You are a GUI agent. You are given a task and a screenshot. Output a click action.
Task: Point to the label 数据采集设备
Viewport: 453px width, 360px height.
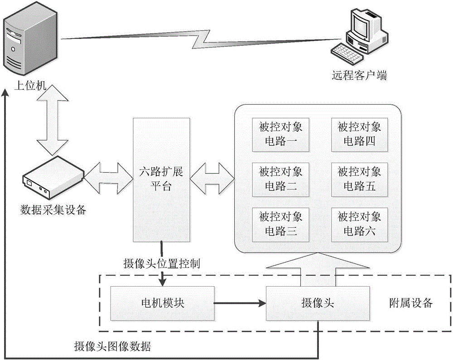53,210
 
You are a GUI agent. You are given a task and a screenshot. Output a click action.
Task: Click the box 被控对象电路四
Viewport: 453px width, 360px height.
359,134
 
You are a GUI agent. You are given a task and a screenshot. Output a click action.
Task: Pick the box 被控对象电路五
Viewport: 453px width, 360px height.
359,179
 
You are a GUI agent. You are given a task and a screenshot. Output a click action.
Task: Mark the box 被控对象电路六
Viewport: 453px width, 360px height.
359,224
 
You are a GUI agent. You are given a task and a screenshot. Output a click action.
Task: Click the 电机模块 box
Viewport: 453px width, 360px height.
162,303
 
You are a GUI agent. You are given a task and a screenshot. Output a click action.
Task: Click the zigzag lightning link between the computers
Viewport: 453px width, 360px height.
199,39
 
